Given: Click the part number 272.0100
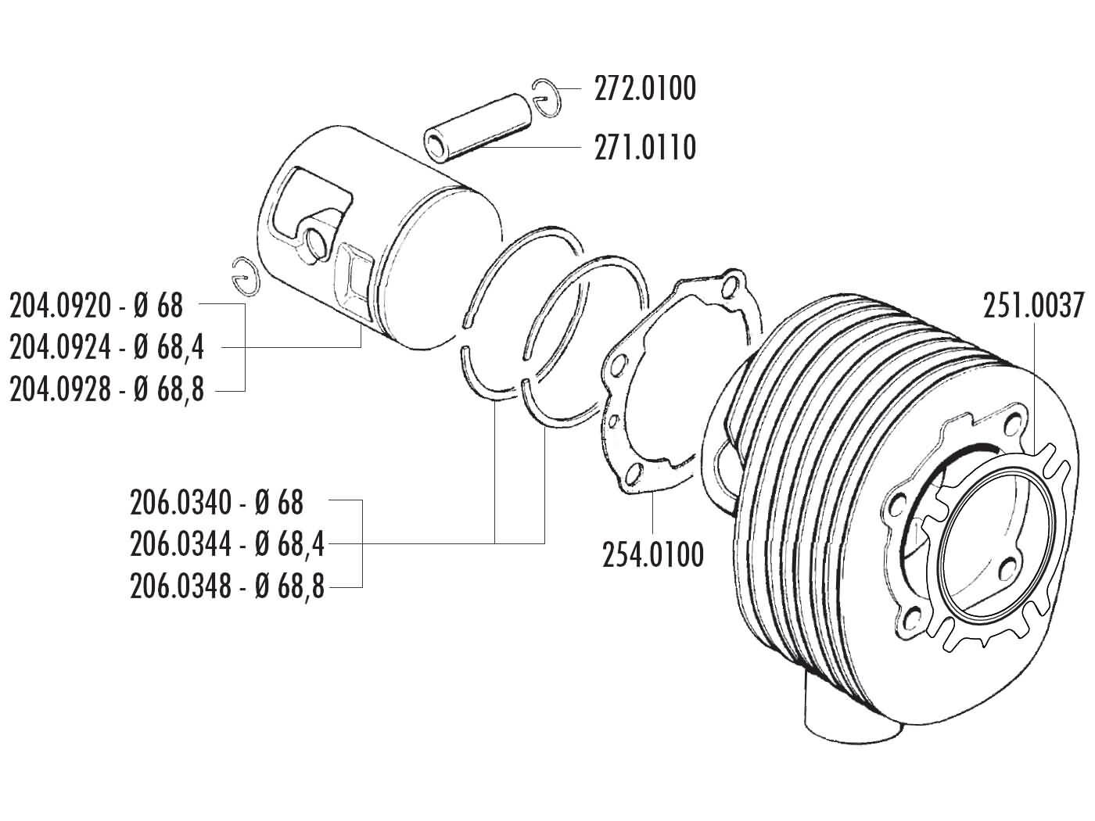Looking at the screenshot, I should [x=644, y=89].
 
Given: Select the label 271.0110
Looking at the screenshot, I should [x=644, y=147].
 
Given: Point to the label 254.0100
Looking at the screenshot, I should [x=653, y=554].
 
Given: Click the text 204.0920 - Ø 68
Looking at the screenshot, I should [x=96, y=306].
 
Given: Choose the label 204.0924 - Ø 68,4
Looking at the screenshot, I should [x=106, y=347].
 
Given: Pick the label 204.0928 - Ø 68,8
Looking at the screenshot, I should [x=106, y=389].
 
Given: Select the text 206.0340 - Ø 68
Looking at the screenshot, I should [x=217, y=503].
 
